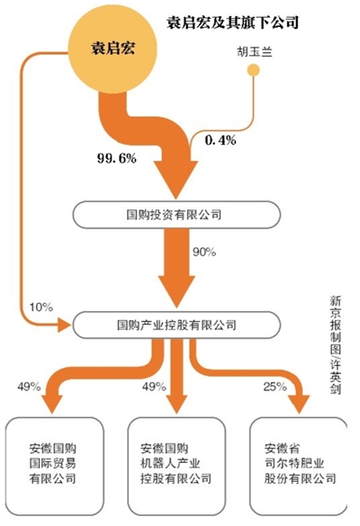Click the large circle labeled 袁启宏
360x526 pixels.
(112, 49)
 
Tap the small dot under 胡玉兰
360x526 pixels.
(253, 70)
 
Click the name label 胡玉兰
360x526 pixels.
(254, 52)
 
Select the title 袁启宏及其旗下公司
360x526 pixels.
(232, 23)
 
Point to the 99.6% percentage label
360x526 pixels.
(117, 157)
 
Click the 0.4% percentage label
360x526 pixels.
(220, 139)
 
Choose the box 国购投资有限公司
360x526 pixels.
(176, 215)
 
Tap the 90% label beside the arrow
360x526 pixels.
(204, 252)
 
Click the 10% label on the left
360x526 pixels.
(41, 307)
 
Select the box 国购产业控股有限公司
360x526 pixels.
(176, 325)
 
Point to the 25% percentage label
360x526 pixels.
(274, 387)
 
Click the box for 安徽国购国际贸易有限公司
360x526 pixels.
(55, 467)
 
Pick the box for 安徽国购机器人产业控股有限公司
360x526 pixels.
(176, 467)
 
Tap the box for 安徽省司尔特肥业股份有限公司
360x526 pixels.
(299, 467)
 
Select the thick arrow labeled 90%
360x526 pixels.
(176, 268)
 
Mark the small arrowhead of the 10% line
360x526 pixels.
(65, 325)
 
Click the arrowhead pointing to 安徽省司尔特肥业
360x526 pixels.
(299, 405)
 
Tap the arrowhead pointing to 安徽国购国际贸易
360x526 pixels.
(52, 405)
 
